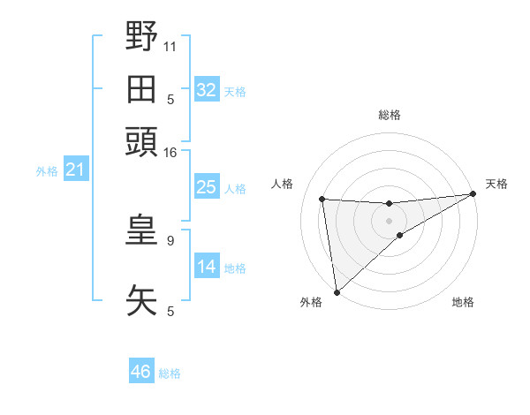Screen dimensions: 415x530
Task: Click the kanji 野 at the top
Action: [x=141, y=36]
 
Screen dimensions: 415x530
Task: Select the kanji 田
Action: [x=141, y=89]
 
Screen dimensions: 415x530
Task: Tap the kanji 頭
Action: [x=141, y=142]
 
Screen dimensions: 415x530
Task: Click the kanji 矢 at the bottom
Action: [x=141, y=300]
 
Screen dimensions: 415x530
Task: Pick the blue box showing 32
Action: [x=207, y=90]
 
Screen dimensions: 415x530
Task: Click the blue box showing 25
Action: [x=207, y=187]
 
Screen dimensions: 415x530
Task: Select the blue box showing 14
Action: [x=207, y=267]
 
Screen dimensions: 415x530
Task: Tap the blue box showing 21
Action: [x=75, y=170]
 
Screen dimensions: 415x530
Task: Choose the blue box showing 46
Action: [x=141, y=372]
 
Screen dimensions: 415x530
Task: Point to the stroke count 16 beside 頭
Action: [x=170, y=152]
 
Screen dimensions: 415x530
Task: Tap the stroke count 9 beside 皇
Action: [x=170, y=240]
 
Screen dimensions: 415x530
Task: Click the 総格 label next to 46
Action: [x=170, y=373]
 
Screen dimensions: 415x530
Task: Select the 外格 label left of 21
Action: [x=47, y=171]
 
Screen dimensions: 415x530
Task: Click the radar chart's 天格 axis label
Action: [x=497, y=184]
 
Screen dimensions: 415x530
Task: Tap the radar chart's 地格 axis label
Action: [x=464, y=302]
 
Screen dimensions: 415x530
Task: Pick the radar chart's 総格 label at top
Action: [x=389, y=115]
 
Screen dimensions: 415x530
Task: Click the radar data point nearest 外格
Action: [x=337, y=290]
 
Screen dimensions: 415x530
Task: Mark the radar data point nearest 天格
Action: [x=473, y=194]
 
